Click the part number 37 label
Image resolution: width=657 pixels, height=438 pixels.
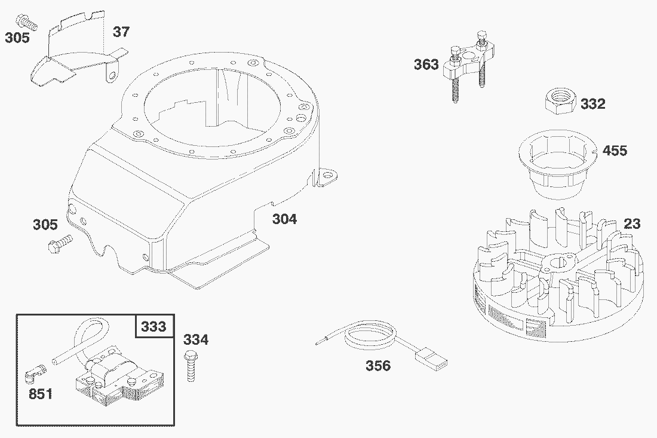coord(121,32)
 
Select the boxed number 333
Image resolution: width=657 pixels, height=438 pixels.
coord(153,326)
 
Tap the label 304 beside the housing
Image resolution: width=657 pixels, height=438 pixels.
coord(284,219)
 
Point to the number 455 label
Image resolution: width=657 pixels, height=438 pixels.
coord(615,151)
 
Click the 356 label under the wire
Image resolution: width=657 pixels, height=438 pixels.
coord(378,366)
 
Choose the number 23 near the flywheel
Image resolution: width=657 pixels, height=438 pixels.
coord(633,224)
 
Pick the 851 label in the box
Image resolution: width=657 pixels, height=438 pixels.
coord(40,394)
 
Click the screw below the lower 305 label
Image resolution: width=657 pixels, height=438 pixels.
coord(60,244)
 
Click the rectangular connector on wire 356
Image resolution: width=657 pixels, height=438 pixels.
coord(431,360)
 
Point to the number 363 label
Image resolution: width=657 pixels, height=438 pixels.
coord(426,65)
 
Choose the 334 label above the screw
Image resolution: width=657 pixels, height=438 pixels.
coord(196,339)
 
